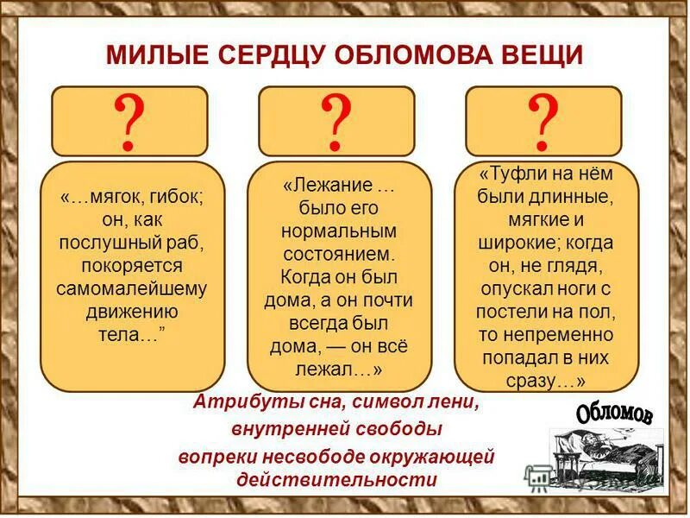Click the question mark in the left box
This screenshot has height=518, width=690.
click(x=129, y=122)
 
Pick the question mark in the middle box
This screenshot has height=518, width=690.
click(x=336, y=122)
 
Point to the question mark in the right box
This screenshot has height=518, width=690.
click(x=543, y=122)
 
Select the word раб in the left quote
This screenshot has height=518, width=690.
click(x=186, y=241)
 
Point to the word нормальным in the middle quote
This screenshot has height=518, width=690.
click(x=338, y=232)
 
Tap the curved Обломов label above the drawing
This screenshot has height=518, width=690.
click(x=614, y=413)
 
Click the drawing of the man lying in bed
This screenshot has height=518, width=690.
click(x=604, y=458)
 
